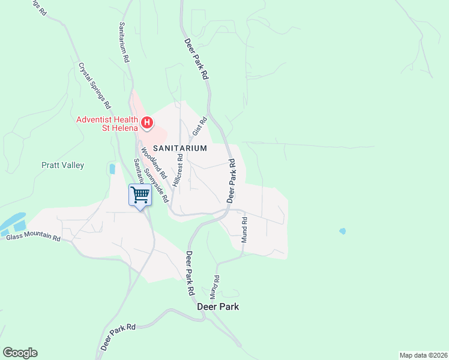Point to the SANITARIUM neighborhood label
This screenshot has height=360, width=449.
pos(179,148)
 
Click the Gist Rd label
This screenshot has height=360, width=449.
pos(199,127)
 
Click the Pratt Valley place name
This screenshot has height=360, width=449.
pos(62,165)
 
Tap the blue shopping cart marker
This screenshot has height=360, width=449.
pos(140,194)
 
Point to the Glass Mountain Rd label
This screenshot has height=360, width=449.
pos(34,238)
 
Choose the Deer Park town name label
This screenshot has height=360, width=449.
pos(218,307)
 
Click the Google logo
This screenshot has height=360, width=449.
pos(20,353)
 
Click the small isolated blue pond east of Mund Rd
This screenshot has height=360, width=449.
pos(342,231)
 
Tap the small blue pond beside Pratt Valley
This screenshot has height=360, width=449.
pos(112,169)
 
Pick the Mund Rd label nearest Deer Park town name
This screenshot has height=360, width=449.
pos(214,287)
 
